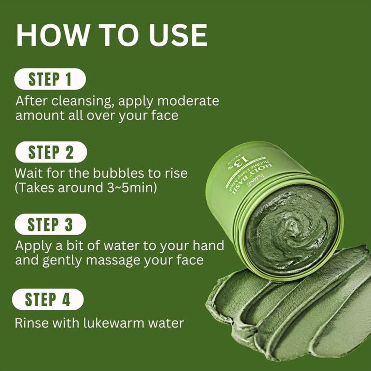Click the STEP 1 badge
point(50,79)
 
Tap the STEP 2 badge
point(51,153)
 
